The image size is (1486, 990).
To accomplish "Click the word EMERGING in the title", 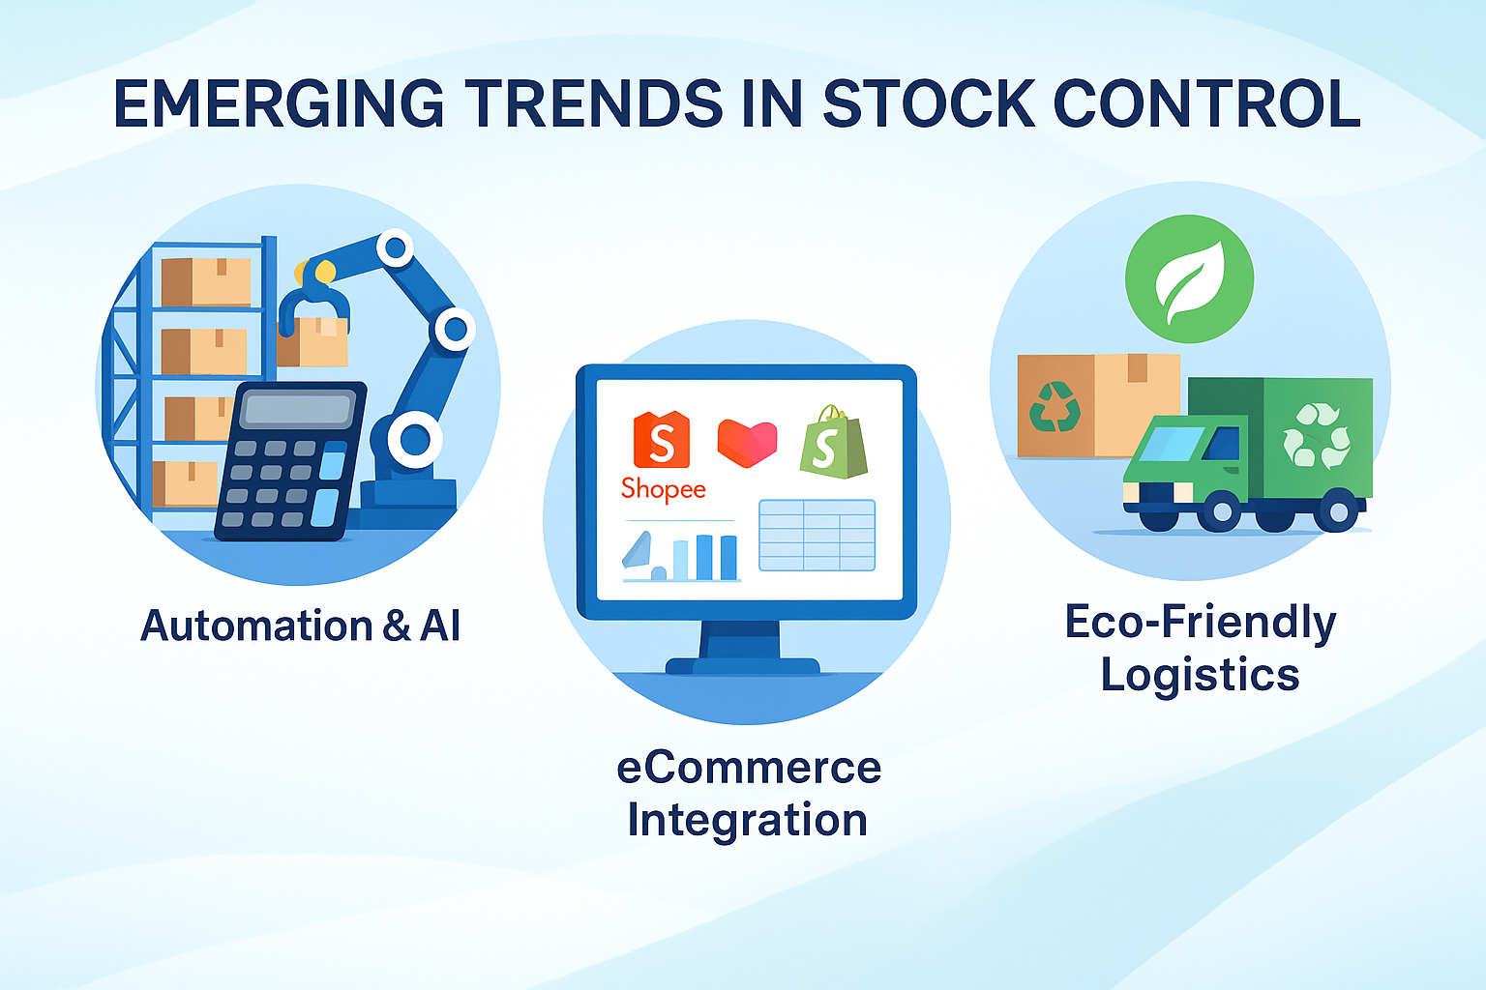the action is pos(278,103).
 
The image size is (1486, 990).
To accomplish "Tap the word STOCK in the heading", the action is pos(928,103).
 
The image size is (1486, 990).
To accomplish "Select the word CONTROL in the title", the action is pos(1206,103).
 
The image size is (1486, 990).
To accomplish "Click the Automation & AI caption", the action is pos(300,626).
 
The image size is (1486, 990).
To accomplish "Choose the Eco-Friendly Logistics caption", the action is pos(1200,648).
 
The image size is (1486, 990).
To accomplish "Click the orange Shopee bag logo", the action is pos(662,439).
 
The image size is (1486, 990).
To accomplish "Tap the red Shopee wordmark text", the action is pos(663,490).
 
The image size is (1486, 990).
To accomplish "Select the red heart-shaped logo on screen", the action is pos(747,443).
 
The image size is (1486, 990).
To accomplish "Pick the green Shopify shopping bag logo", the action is pos(833,442).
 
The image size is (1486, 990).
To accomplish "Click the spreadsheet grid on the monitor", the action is pos(817,535).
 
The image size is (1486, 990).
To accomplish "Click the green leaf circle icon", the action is pos(1189,278).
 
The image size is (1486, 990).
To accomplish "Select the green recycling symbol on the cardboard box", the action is pos(1055,406).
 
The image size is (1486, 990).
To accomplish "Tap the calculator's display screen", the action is pos(298,408).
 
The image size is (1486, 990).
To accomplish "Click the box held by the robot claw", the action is pos(313,341).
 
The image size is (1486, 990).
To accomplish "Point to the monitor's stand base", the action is pos(742,665).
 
